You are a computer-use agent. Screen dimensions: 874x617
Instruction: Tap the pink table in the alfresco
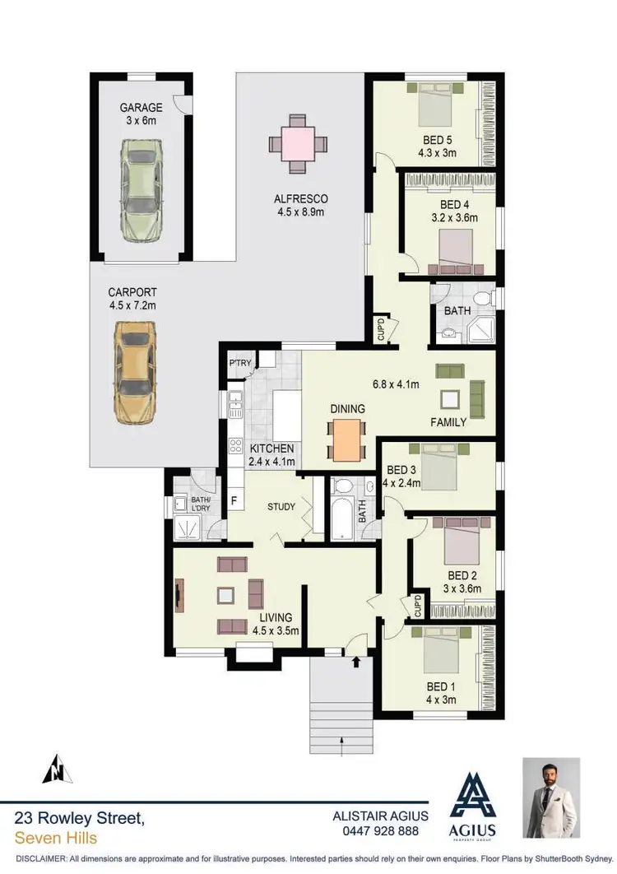pyautogui.click(x=297, y=143)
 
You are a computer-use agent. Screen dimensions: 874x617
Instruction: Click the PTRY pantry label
pyautogui.click(x=239, y=364)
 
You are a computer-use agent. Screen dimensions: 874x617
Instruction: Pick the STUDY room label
pyautogui.click(x=281, y=507)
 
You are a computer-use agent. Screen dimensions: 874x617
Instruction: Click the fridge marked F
pyautogui.click(x=234, y=500)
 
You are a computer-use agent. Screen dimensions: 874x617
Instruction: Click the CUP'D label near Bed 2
pyautogui.click(x=418, y=607)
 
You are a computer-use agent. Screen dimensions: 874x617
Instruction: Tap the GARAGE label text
pyautogui.click(x=141, y=108)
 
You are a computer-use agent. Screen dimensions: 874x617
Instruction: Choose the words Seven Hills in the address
pyautogui.click(x=56, y=838)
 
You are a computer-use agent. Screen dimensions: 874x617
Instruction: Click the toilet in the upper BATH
pyautogui.click(x=482, y=296)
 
